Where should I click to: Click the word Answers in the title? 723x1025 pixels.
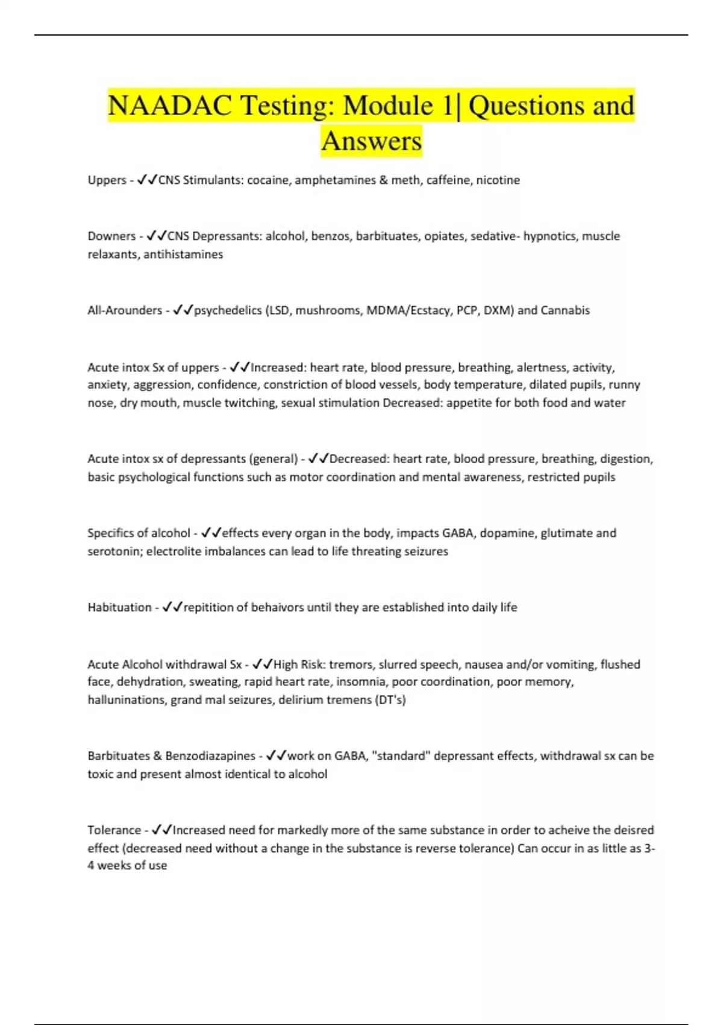(x=371, y=142)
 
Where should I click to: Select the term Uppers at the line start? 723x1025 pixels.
(x=107, y=180)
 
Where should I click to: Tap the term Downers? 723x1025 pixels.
(x=111, y=236)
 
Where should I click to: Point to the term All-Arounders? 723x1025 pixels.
(x=125, y=311)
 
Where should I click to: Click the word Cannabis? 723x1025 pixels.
(x=565, y=311)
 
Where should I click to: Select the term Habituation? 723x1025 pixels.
(x=119, y=608)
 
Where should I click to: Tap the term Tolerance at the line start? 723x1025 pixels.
(x=114, y=830)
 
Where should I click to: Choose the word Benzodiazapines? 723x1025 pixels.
(x=210, y=756)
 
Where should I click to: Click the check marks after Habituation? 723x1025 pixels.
(x=172, y=608)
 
